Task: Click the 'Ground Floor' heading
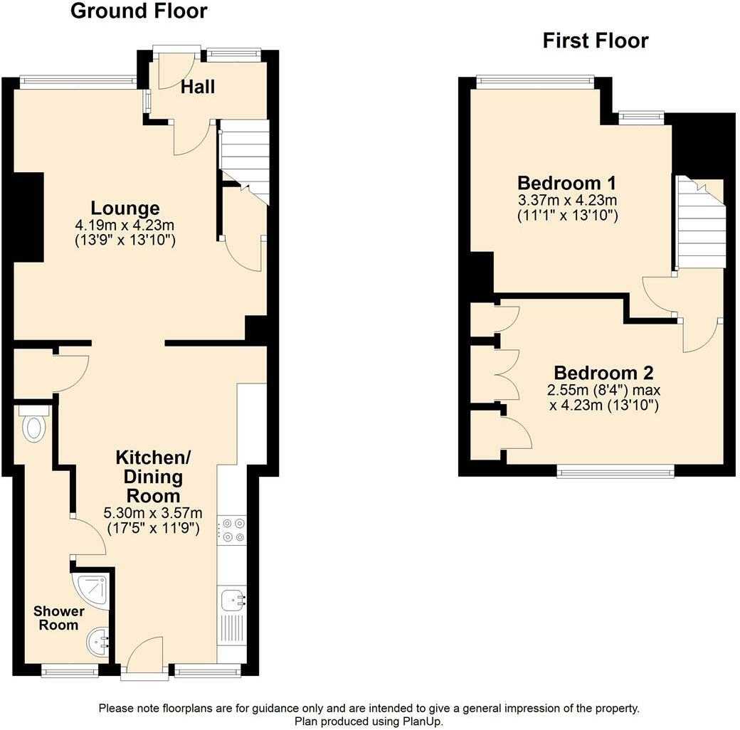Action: point(139,11)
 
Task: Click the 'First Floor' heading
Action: point(595,41)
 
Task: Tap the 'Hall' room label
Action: point(197,87)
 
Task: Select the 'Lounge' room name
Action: point(125,208)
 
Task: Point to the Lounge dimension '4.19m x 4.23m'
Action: point(125,226)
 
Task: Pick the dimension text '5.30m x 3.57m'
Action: point(153,513)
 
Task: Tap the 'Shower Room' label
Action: point(58,618)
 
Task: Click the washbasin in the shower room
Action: point(97,642)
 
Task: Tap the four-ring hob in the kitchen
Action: point(231,531)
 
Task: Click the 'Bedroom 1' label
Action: point(566,181)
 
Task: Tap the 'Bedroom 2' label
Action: point(603,373)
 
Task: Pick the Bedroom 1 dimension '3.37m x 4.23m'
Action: point(566,199)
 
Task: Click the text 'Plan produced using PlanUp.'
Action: point(369,721)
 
